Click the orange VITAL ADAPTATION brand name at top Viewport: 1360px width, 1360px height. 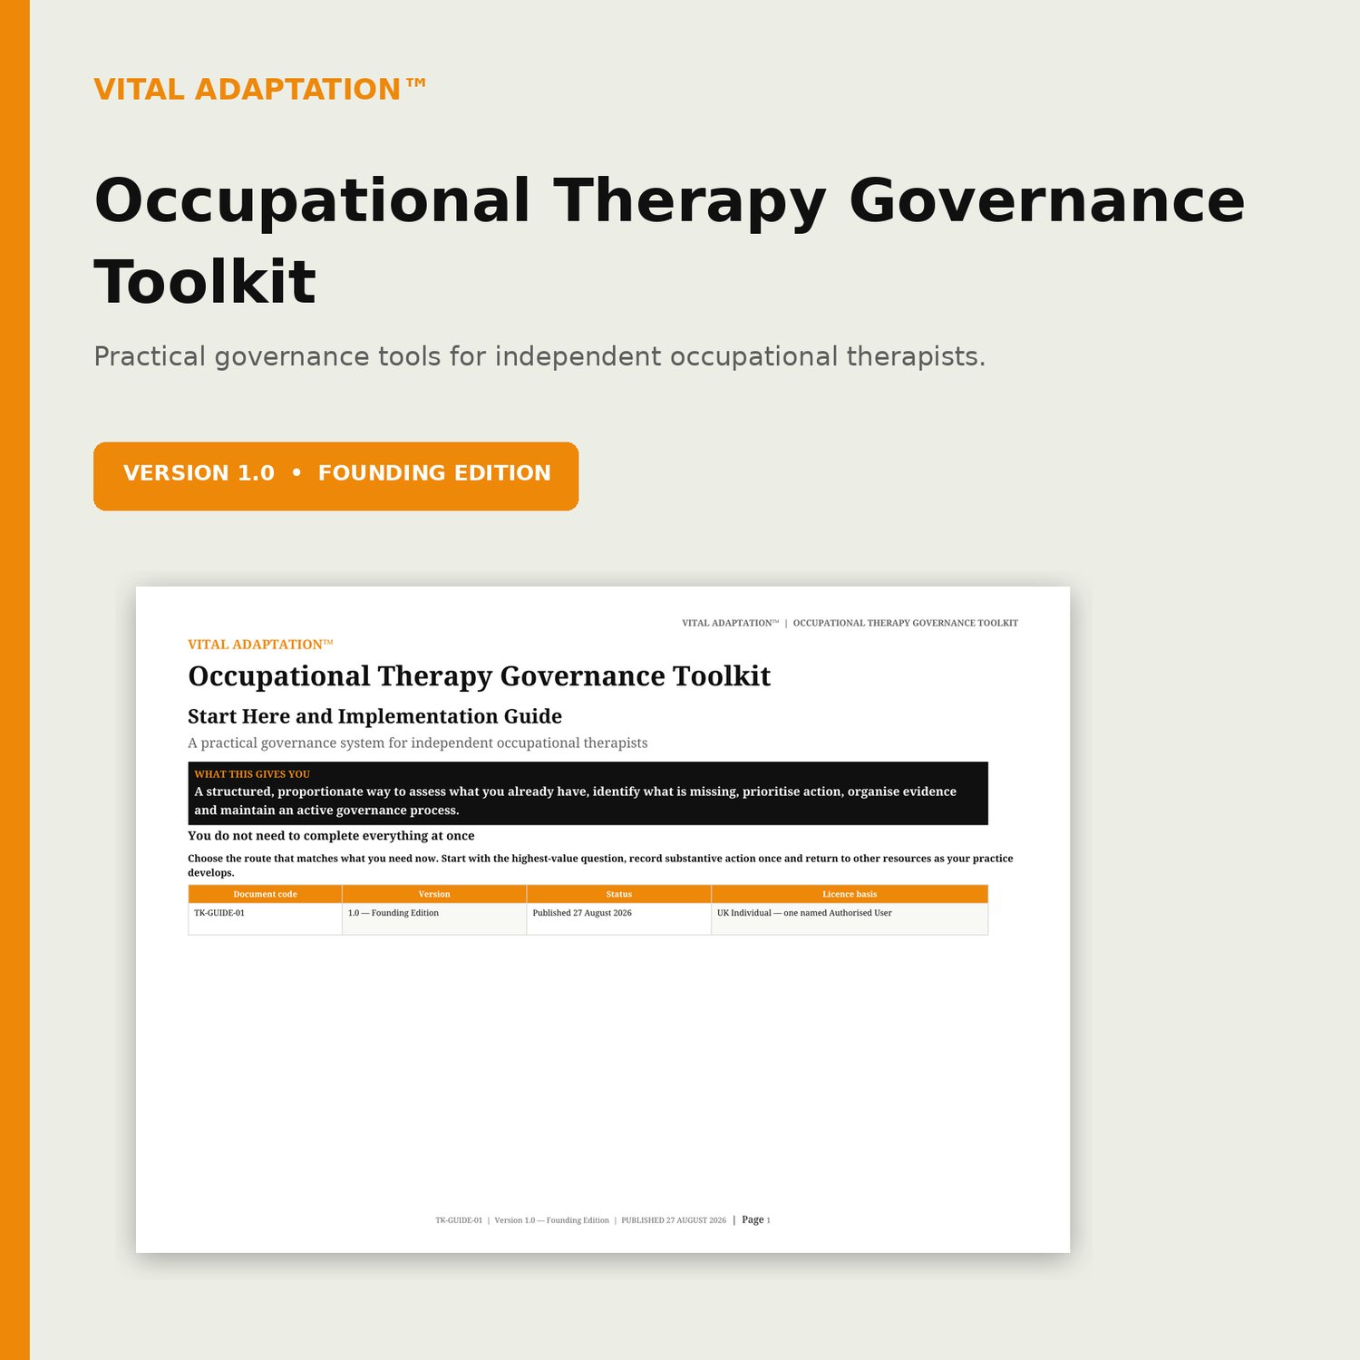(x=260, y=89)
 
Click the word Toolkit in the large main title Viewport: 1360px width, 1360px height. (x=205, y=282)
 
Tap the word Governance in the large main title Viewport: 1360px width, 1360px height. (x=1047, y=200)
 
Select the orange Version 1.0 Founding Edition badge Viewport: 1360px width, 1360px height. (x=335, y=476)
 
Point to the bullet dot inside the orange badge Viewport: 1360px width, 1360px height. (x=296, y=472)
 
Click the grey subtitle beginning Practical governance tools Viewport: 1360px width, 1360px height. (x=539, y=356)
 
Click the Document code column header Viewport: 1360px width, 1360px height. (x=265, y=894)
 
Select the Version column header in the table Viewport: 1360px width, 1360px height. (x=434, y=894)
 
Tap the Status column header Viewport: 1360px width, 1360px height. (x=619, y=894)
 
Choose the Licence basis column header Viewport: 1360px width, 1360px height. (x=850, y=894)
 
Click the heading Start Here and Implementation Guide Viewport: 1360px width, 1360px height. (x=374, y=716)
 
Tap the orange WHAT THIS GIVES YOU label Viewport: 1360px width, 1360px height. (x=252, y=774)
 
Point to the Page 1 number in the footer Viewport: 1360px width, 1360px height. (x=756, y=1219)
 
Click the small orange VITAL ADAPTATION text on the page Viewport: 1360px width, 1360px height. (x=260, y=645)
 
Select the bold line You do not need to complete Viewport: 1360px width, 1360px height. (x=331, y=836)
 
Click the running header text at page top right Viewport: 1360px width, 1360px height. (x=850, y=623)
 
